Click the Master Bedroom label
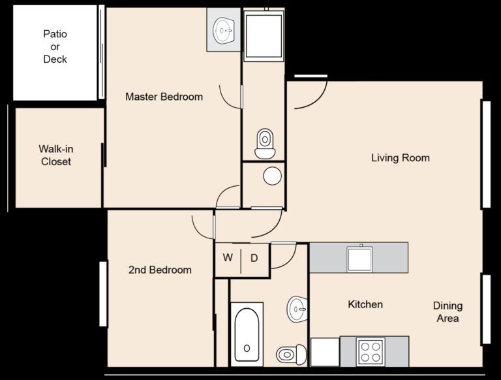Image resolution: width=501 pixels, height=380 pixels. tap(164, 97)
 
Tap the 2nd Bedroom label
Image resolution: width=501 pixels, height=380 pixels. tap(160, 270)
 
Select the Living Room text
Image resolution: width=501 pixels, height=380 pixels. tap(401, 158)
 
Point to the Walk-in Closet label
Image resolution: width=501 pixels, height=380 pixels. tap(56, 155)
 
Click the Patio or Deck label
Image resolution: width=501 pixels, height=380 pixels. tap(55, 47)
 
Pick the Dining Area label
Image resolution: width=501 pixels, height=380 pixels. tap(448, 312)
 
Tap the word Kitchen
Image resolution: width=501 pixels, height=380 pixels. tap(365, 304)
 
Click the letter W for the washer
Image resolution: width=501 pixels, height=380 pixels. tap(228, 257)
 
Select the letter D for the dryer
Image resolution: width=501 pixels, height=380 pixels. tap(254, 258)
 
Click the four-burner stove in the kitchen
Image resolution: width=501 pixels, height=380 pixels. tap(371, 351)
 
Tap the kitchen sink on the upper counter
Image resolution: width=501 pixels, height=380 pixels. tap(360, 259)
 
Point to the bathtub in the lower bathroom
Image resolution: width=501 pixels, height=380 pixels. tap(247, 334)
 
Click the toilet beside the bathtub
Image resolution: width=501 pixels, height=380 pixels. tap(291, 354)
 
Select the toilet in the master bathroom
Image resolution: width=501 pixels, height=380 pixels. tap(265, 143)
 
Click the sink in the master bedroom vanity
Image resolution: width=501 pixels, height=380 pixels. tap(224, 31)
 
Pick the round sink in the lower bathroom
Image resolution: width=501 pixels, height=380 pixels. tap(297, 309)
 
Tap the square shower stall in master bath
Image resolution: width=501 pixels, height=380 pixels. tap(264, 35)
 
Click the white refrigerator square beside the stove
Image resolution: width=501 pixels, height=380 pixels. tap(325, 352)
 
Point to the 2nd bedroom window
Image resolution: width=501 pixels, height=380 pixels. tap(103, 294)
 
